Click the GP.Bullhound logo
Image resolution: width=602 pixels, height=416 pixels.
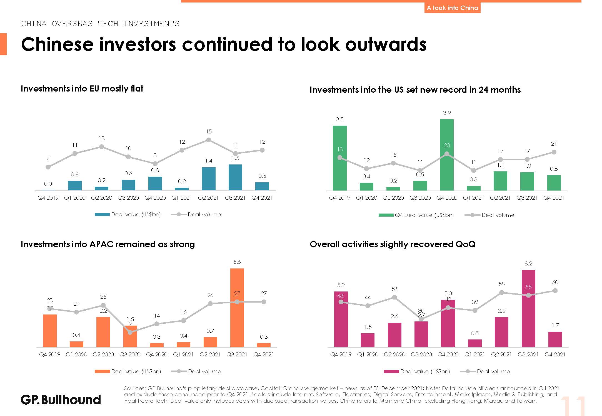(x=61, y=400)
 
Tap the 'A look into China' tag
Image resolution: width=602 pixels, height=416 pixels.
(x=452, y=8)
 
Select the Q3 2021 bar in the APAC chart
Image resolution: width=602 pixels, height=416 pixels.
(x=237, y=308)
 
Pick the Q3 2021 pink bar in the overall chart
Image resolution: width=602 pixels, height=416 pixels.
(x=528, y=308)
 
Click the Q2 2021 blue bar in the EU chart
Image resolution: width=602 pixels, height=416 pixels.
(x=209, y=179)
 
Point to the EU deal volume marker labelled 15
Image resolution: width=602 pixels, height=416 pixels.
(x=209, y=140)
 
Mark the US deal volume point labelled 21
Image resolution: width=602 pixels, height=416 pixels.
(x=554, y=152)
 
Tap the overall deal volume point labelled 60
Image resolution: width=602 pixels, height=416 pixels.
(x=555, y=291)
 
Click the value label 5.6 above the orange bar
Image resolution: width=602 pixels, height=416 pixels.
(x=237, y=262)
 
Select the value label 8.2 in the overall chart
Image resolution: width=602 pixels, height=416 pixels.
(x=528, y=263)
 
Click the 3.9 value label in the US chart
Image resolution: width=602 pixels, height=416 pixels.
(x=447, y=113)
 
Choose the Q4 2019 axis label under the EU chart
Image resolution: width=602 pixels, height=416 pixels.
(x=48, y=198)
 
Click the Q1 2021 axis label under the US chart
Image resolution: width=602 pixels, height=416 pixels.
(x=473, y=198)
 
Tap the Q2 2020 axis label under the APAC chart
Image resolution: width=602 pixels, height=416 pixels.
(x=103, y=354)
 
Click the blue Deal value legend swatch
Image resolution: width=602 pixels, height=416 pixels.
(x=102, y=214)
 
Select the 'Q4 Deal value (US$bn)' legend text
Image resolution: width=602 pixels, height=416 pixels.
(x=424, y=215)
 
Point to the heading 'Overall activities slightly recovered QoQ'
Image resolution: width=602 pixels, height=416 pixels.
(x=393, y=244)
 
